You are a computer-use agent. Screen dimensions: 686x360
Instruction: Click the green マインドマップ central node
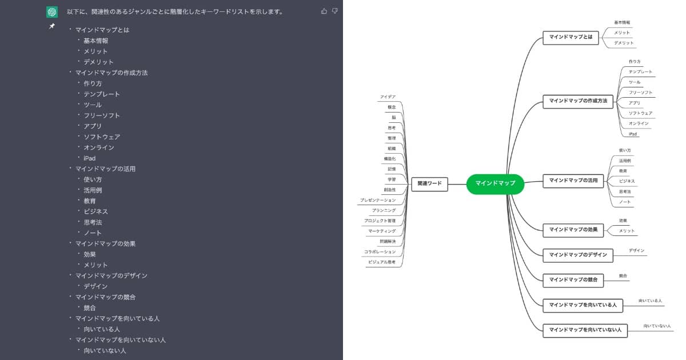(x=495, y=183)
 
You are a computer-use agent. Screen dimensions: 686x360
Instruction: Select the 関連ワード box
(x=429, y=184)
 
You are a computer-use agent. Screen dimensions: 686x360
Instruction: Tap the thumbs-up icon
(x=324, y=11)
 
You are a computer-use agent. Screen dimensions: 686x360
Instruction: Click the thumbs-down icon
(x=335, y=11)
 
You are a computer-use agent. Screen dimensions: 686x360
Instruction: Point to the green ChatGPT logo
(x=52, y=12)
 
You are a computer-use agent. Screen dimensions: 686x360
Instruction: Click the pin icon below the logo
(x=52, y=26)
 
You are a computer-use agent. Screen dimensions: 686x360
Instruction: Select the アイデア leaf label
(x=388, y=97)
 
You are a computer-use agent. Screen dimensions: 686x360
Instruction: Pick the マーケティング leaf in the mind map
(x=382, y=231)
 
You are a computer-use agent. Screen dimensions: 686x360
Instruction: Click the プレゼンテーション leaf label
(x=378, y=200)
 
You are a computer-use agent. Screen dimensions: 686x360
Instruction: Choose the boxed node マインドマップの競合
(x=573, y=279)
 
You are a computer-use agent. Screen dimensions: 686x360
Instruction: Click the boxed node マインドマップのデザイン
(x=577, y=255)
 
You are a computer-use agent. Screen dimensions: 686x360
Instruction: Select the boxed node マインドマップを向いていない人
(x=585, y=330)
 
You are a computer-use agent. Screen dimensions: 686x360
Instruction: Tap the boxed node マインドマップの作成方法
(x=578, y=101)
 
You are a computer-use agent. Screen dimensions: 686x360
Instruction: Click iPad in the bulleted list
(x=89, y=158)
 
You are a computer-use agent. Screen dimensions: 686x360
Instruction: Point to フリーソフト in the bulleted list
(x=102, y=115)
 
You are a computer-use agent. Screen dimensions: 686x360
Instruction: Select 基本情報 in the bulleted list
(x=95, y=41)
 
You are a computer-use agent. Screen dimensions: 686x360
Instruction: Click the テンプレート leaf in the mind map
(x=640, y=72)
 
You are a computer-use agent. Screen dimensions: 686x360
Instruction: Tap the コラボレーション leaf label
(x=380, y=252)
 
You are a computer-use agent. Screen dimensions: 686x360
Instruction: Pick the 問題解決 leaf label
(x=388, y=241)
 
